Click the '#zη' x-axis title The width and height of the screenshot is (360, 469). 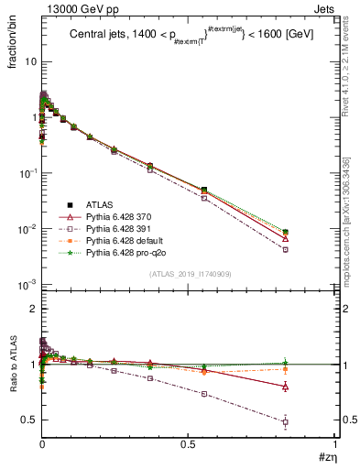324,459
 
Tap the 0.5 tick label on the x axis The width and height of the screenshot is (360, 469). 188,445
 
